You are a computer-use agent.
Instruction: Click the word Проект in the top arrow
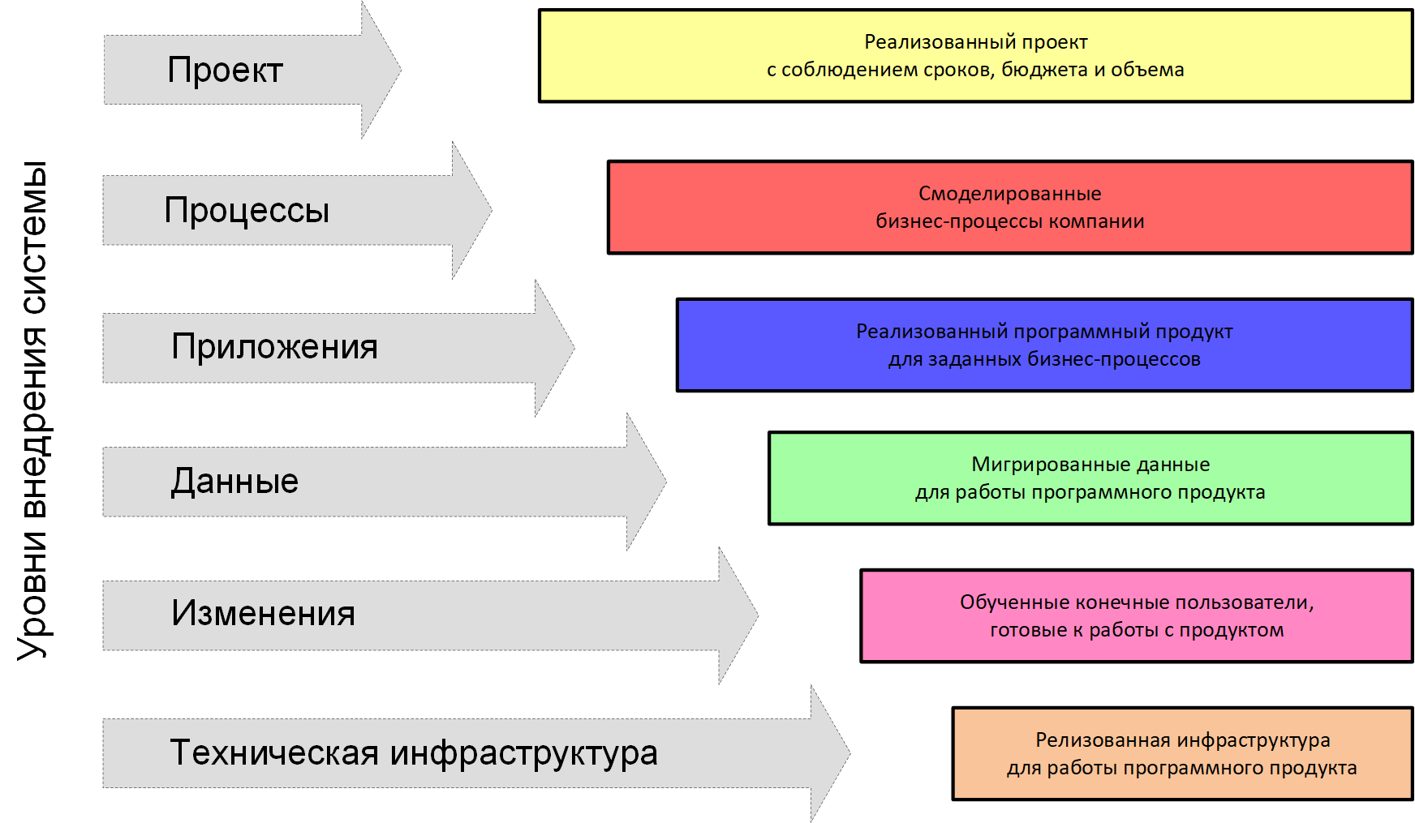tap(225, 71)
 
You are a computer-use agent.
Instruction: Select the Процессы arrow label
tap(247, 211)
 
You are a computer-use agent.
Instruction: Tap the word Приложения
tap(274, 347)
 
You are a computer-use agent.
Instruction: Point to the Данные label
tap(234, 482)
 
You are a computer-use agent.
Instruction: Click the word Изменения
tap(263, 614)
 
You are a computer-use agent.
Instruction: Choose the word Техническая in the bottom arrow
tap(274, 752)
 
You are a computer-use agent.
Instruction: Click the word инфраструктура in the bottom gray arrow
tap(523, 753)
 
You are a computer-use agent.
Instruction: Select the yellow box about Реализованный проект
tap(975, 56)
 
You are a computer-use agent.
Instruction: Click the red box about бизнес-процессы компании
tap(1009, 208)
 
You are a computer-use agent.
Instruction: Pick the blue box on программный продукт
tap(1044, 345)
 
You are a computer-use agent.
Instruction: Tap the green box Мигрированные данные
tap(1090, 478)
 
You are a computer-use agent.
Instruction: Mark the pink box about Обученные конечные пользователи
tap(1136, 616)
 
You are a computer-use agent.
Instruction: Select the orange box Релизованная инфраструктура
tap(1182, 754)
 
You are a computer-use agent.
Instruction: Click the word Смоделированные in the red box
tap(1009, 194)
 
